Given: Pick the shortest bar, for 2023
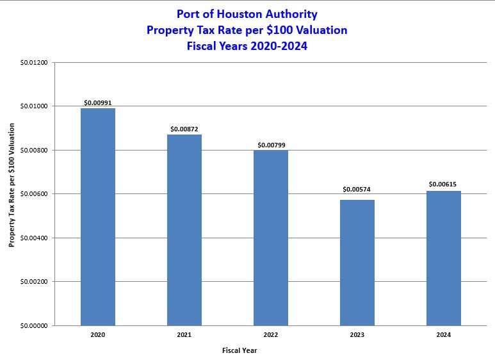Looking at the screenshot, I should coord(357,263).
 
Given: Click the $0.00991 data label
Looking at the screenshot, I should coord(98,102).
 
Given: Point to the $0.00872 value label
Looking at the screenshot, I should coord(184,129).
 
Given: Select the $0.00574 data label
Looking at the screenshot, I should coord(357,190).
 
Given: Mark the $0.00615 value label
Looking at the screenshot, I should coord(443,185).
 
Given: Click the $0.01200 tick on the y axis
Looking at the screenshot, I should coord(34,63).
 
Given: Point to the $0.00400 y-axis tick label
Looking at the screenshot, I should coord(34,238).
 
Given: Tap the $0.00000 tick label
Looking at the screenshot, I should coord(34,325).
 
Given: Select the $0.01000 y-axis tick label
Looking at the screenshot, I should coord(34,106).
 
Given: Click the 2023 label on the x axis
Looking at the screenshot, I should coord(357,335).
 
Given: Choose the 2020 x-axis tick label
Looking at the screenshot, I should coord(98,335).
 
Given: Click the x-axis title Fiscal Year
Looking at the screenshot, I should coord(239,350).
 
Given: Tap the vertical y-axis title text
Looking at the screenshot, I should coord(12,194).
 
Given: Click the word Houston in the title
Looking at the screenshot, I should coord(245,13).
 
